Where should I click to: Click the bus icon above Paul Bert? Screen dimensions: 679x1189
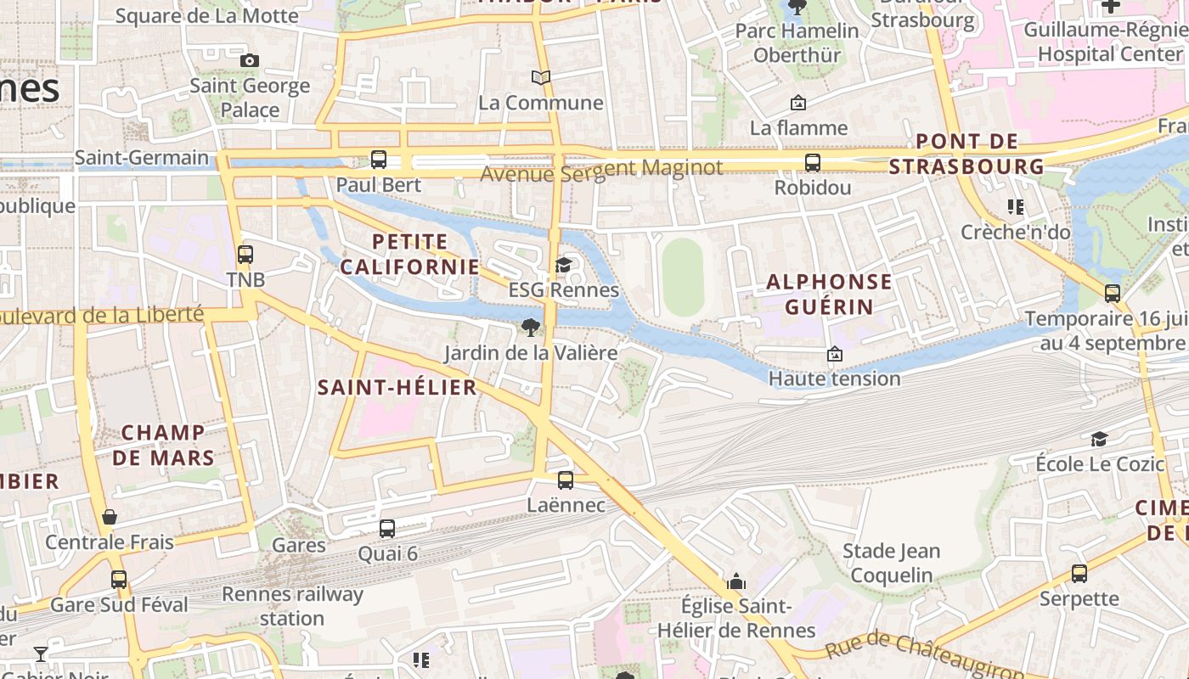coord(379,159)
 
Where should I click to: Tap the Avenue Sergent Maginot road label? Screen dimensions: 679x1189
coord(601,169)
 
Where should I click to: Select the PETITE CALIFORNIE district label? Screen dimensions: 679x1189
coord(410,254)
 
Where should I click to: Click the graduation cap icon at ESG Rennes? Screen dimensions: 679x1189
coord(563,266)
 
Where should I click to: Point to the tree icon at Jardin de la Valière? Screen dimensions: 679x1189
coord(531,327)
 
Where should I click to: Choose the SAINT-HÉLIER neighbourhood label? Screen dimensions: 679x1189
coord(397,388)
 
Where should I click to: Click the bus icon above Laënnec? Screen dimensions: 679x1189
coord(566,480)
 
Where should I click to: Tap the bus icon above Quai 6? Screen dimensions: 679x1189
coord(387,528)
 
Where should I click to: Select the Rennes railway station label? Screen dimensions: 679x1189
coord(292,606)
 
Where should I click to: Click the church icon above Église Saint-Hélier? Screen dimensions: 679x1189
coord(736,581)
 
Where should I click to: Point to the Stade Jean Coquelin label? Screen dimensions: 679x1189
coord(891,563)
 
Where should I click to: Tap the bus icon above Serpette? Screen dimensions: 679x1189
coord(1079,574)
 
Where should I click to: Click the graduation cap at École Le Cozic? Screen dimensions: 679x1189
coord(1099,439)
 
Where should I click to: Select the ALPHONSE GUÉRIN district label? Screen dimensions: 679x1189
coord(829,294)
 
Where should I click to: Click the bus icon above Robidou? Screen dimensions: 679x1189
coord(813,162)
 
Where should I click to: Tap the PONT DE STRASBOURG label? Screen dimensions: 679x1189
coord(966,154)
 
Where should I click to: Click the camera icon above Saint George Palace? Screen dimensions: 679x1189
coord(250,60)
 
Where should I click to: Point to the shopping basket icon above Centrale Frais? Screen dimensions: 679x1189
coord(110,517)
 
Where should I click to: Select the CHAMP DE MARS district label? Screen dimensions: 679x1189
coord(163,445)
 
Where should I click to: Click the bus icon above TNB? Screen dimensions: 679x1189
coord(245,254)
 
